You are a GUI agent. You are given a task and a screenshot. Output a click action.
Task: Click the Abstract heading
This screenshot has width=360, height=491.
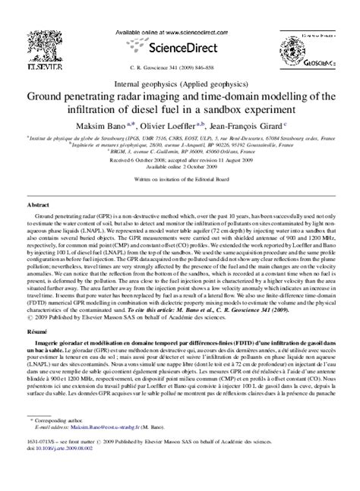click(x=39, y=185)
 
